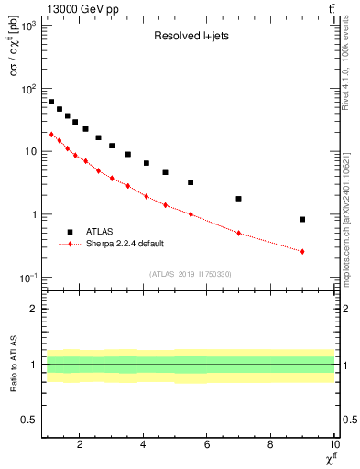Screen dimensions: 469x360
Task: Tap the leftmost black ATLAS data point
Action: [51, 102]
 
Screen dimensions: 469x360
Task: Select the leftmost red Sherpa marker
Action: [51, 134]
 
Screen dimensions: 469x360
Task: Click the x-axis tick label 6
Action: [207, 446]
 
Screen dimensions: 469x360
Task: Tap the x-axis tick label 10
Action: [333, 446]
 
